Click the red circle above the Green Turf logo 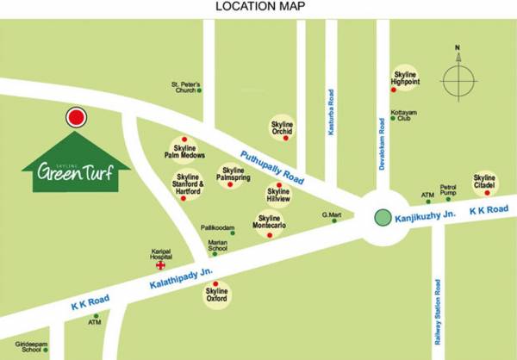77,118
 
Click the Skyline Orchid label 283,126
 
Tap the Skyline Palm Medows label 184,150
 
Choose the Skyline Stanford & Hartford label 184,185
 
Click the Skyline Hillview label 277,196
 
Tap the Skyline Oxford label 215,295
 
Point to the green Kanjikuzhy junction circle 382,217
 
